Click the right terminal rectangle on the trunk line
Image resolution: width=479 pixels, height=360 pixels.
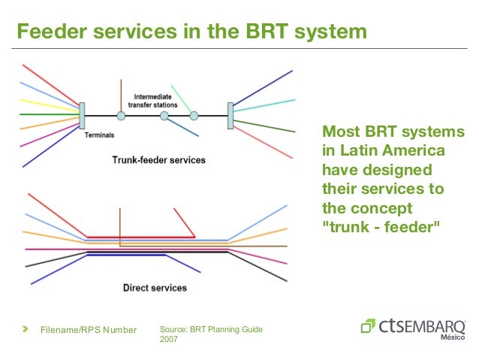[230, 114]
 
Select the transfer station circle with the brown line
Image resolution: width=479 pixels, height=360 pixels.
[121, 116]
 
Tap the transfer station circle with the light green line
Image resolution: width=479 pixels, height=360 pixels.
[194, 116]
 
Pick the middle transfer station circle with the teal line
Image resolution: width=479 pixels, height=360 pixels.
[164, 116]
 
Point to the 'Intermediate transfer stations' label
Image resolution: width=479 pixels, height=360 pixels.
[155, 101]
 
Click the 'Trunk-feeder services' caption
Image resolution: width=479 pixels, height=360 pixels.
[158, 160]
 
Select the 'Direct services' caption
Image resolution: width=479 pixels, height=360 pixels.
[154, 287]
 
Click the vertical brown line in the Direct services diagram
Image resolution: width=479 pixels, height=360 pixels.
[119, 225]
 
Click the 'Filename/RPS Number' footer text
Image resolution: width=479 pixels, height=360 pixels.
[89, 330]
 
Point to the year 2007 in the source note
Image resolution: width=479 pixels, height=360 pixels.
[170, 340]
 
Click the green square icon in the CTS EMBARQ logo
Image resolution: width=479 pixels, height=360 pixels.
[368, 326]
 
